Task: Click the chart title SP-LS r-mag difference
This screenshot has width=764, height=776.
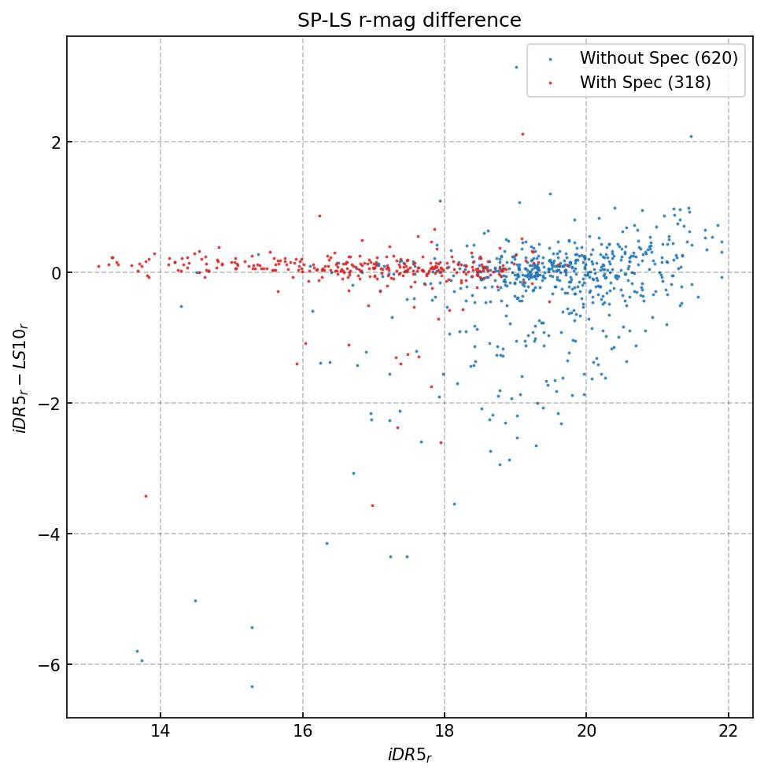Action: (x=409, y=20)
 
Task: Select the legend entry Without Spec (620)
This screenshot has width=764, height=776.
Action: (x=658, y=57)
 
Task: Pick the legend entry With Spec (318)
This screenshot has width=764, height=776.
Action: (x=645, y=83)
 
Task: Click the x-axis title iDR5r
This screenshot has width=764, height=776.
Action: (x=409, y=756)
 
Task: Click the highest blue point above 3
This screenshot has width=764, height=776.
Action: (x=516, y=67)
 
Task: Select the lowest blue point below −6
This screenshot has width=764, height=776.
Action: (x=252, y=686)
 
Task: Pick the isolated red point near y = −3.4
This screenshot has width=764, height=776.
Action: (x=146, y=496)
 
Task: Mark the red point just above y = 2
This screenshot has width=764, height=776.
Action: (x=522, y=134)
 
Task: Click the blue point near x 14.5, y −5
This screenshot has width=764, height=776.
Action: (x=195, y=600)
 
